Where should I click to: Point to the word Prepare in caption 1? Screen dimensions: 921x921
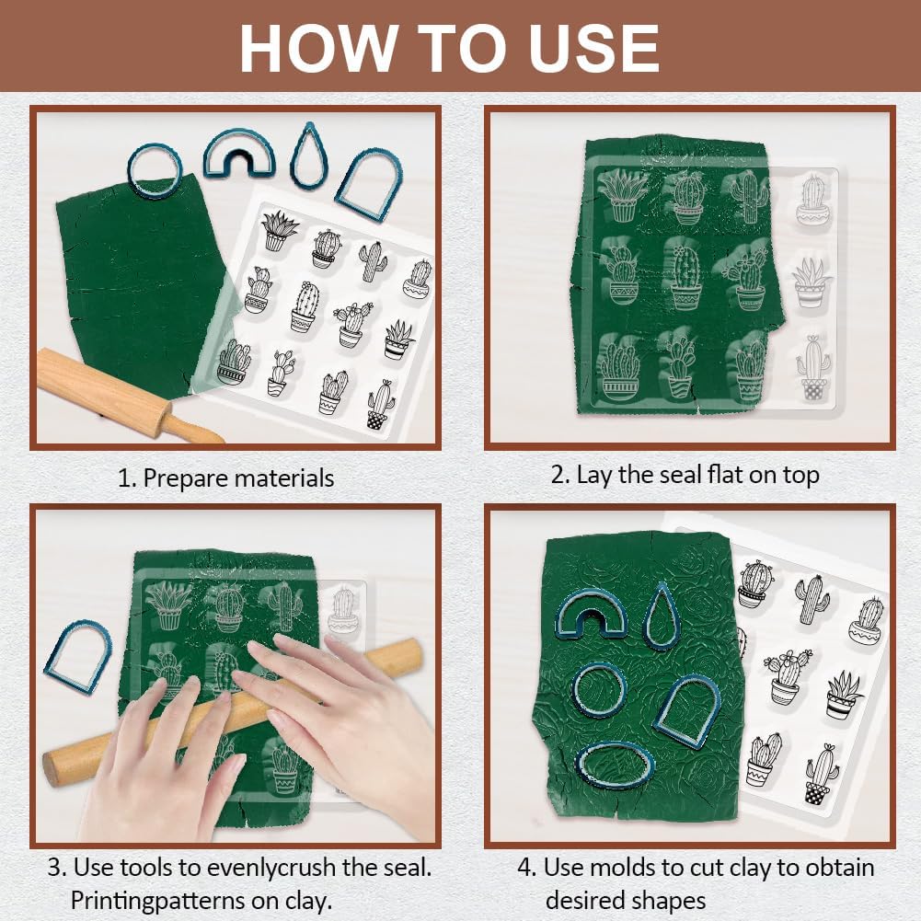click(188, 478)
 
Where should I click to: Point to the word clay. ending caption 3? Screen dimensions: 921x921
click(309, 901)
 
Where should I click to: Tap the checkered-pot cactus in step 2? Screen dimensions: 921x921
click(814, 368)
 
